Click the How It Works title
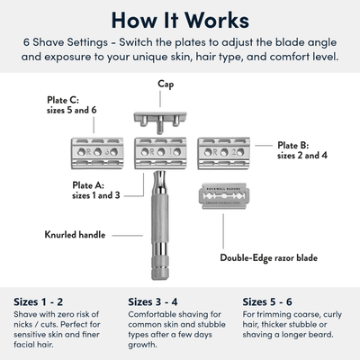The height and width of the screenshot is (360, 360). tap(180, 19)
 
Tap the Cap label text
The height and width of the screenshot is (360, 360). tap(166, 84)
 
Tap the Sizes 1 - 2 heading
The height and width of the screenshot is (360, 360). tap(41, 301)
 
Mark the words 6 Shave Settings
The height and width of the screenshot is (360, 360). tap(62, 43)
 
